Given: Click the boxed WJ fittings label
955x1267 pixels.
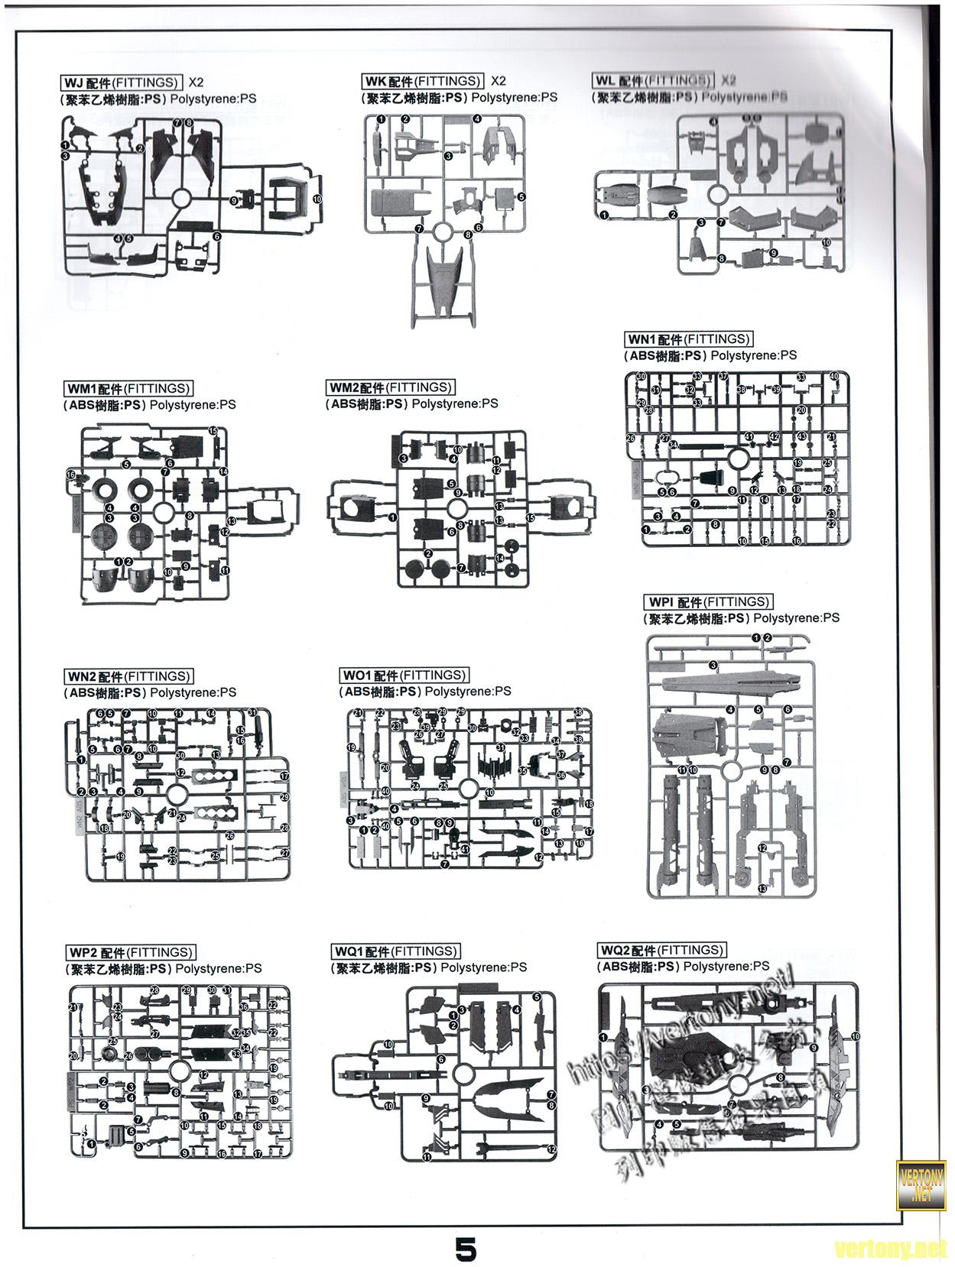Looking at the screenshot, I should [120, 83].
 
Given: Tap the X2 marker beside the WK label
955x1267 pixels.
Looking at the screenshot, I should [499, 80].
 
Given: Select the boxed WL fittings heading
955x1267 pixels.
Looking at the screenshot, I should [652, 80].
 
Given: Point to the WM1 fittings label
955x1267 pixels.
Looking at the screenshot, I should [128, 389].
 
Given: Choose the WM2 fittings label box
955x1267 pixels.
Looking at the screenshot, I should [390, 387].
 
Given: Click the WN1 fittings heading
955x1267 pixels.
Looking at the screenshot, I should [688, 339].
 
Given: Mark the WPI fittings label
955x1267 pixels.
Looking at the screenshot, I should [708, 601].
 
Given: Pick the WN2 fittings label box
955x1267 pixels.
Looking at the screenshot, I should [128, 676].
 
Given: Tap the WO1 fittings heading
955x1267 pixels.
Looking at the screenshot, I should [404, 675].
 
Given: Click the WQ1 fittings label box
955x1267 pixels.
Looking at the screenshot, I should [395, 951].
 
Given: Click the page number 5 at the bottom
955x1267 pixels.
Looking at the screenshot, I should [466, 1250].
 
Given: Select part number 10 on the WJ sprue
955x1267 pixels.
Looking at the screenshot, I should [317, 199].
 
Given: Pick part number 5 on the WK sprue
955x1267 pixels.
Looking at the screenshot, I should [521, 196].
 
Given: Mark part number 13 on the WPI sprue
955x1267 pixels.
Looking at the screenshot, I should [762, 888].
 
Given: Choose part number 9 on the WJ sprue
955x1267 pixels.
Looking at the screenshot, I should [234, 200].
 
